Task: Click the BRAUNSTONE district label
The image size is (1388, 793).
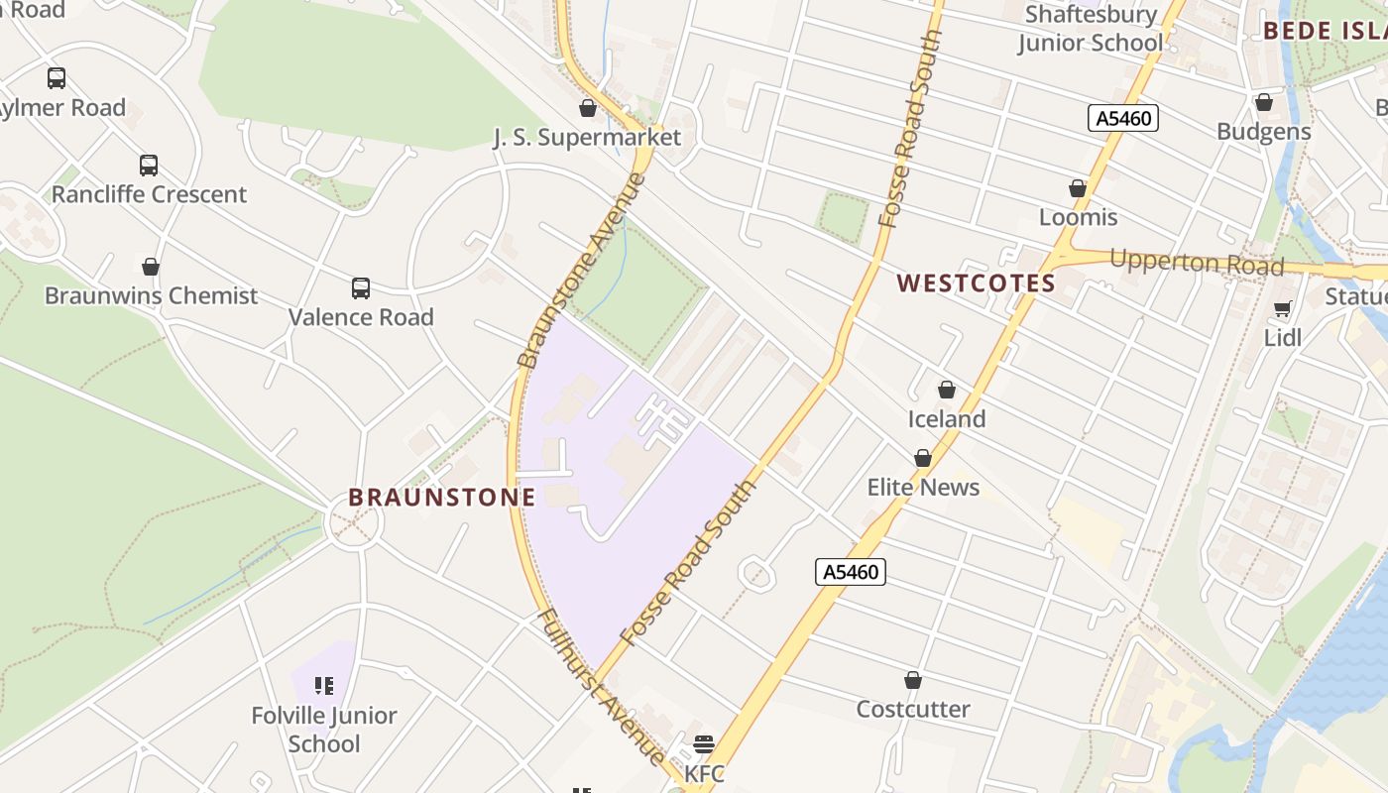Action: point(442,497)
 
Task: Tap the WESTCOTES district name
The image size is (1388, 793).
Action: point(977,283)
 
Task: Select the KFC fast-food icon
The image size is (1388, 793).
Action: point(704,743)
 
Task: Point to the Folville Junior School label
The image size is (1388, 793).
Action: point(324,730)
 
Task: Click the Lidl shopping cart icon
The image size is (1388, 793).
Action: point(1282,309)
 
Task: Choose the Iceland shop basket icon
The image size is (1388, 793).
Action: point(947,390)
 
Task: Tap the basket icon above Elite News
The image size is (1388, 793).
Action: point(923,458)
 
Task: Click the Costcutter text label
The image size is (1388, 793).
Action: point(913,709)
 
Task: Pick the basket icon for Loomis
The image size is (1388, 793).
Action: point(1078,188)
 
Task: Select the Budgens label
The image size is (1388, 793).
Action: point(1263,132)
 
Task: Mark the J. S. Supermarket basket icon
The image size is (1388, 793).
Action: point(588,108)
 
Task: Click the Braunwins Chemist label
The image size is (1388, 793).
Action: point(151,295)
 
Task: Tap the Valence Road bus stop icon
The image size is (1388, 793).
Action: point(361,288)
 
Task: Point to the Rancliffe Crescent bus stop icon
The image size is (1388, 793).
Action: point(149,166)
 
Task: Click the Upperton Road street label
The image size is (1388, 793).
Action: point(1197,263)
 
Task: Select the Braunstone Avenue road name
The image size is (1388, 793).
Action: point(581,270)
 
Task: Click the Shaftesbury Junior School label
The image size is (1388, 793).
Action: point(1091,29)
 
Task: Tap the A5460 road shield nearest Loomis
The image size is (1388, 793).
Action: point(1123,119)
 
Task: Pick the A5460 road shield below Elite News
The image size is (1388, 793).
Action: point(851,572)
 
